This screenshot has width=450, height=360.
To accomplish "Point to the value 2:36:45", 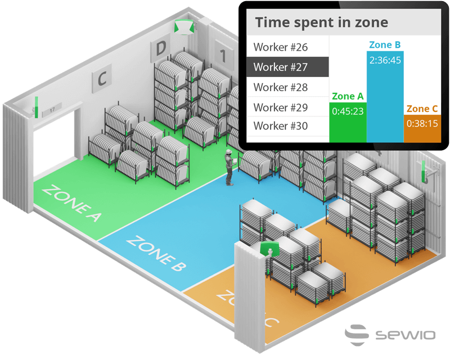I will (x=385, y=60).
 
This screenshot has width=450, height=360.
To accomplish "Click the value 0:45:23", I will (x=347, y=111).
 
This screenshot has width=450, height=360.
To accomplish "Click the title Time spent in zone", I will (x=321, y=22).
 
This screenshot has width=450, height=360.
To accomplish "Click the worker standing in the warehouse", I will (x=229, y=167).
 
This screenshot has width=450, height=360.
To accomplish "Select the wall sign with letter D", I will (x=160, y=49).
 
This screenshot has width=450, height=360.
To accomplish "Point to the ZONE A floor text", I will (x=71, y=202).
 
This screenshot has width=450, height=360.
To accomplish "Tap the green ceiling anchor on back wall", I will (x=183, y=27).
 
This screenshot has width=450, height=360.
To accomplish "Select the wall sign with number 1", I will (x=223, y=55).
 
